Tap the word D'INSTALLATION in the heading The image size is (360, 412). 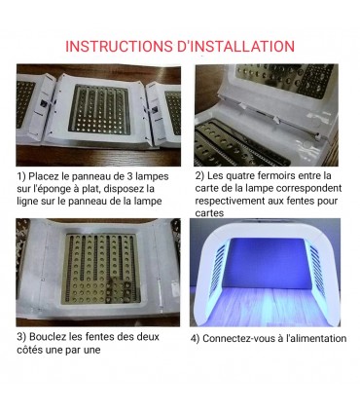pos(239,46)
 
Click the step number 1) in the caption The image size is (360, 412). pos(21,175)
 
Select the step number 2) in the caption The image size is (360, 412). pos(200,175)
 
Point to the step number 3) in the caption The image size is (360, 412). pos(21,338)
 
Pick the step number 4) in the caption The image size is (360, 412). pos(195,338)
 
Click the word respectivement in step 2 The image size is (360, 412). pos(238,201)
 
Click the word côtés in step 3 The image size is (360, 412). pos(32,351)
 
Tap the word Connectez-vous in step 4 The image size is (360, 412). pos(242,338)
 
